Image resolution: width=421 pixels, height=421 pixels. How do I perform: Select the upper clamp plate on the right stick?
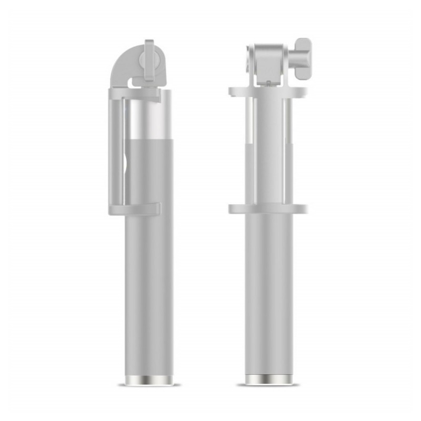(x=267, y=92)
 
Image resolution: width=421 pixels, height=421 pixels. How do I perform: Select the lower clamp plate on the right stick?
(x=267, y=208)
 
